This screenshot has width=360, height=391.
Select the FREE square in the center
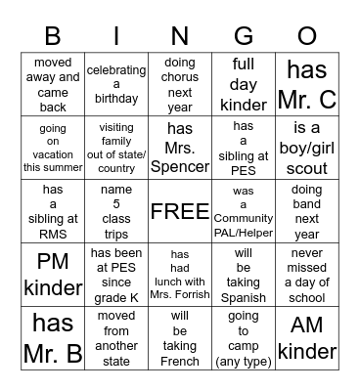point(180,212)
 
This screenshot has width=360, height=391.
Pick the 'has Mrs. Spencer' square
point(180,148)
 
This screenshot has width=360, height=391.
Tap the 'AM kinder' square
point(306,337)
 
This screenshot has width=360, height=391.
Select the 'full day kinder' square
point(243,85)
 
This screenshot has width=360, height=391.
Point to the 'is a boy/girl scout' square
point(306,148)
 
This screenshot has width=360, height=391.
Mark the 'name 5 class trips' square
point(116,212)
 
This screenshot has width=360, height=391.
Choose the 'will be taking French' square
point(180,337)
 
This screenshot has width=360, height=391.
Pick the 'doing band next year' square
point(306,212)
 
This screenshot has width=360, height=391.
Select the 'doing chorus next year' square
point(180,85)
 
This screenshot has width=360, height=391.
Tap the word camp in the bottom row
point(243,346)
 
